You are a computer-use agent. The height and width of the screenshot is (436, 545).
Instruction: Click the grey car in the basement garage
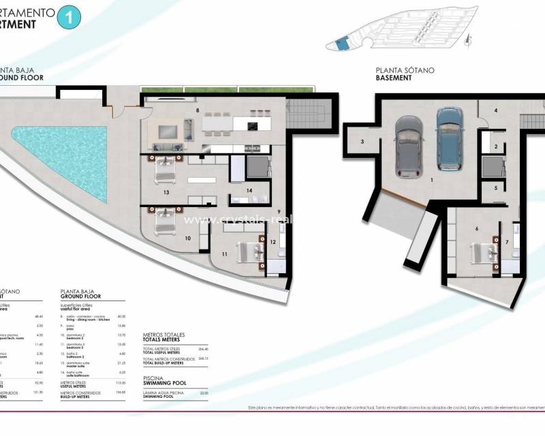[x=407, y=144]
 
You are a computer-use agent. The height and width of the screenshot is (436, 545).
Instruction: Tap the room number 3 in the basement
[x=362, y=142]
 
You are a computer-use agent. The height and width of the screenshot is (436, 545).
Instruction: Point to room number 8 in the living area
[x=198, y=109]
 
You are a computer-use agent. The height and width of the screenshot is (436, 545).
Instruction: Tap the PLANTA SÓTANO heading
[x=404, y=70]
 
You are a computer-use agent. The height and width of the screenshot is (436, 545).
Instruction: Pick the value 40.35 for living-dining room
[x=122, y=317]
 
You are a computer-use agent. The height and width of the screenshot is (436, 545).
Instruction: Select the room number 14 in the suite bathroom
[x=250, y=191]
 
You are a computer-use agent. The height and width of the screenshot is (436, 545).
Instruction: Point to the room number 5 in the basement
[x=496, y=188]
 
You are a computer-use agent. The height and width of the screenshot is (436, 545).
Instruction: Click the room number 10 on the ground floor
[x=187, y=238]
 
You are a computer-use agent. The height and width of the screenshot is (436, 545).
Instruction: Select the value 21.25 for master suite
[x=122, y=363]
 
